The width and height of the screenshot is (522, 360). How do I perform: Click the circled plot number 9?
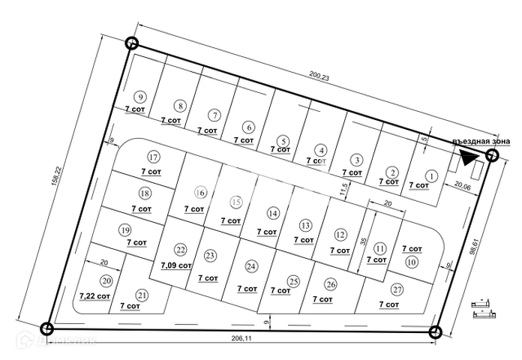pyautogui.click(x=139, y=96)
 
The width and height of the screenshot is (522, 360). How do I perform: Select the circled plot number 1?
pyautogui.click(x=431, y=175)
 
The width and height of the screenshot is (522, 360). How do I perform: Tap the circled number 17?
pyautogui.click(x=153, y=157)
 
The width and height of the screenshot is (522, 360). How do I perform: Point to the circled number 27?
pyautogui.click(x=397, y=290)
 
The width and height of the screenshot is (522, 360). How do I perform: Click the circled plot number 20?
pyautogui.click(x=106, y=281)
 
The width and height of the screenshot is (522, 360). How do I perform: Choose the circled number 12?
pyautogui.click(x=340, y=234)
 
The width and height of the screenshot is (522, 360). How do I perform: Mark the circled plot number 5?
pyautogui.click(x=283, y=140)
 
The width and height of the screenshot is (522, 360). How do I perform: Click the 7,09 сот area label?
pyautogui.click(x=177, y=265)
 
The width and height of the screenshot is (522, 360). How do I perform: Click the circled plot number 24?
pyautogui.click(x=251, y=266)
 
